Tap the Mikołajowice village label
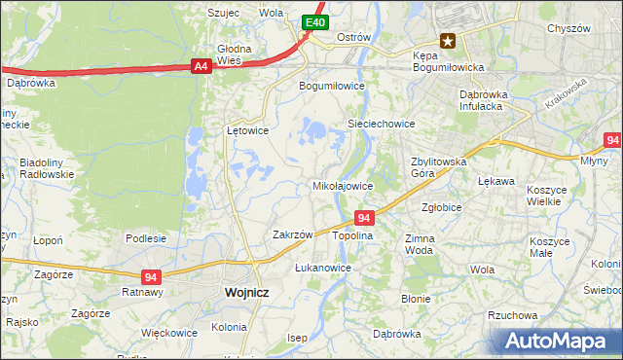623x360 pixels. [x=342, y=185]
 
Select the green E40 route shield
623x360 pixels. [x=313, y=22]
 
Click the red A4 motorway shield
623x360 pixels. [x=201, y=66]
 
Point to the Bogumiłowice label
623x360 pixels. [x=331, y=85]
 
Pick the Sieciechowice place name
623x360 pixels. [x=382, y=125]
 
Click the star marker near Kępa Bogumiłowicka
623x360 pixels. [x=448, y=40]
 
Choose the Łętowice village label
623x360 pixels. [x=247, y=129]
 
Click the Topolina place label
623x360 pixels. [x=353, y=235]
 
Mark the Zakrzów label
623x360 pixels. [x=292, y=234]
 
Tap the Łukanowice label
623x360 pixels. [x=322, y=267]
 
